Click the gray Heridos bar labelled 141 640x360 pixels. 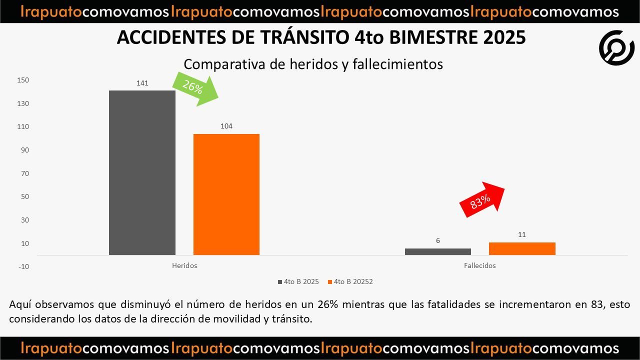tap(142, 172)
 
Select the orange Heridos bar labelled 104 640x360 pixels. tap(226, 194)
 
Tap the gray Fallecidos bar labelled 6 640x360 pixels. tap(437, 251)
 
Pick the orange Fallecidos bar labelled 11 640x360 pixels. tap(522, 248)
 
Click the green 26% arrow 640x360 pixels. tap(196, 88)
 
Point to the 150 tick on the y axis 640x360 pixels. tap(23, 80)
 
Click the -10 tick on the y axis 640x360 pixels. tap(23, 266)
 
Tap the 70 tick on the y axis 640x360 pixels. tap(24, 173)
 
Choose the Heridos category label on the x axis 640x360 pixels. tap(184, 265)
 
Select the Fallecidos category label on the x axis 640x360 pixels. tap(479, 265)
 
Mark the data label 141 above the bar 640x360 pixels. tap(142, 83)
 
